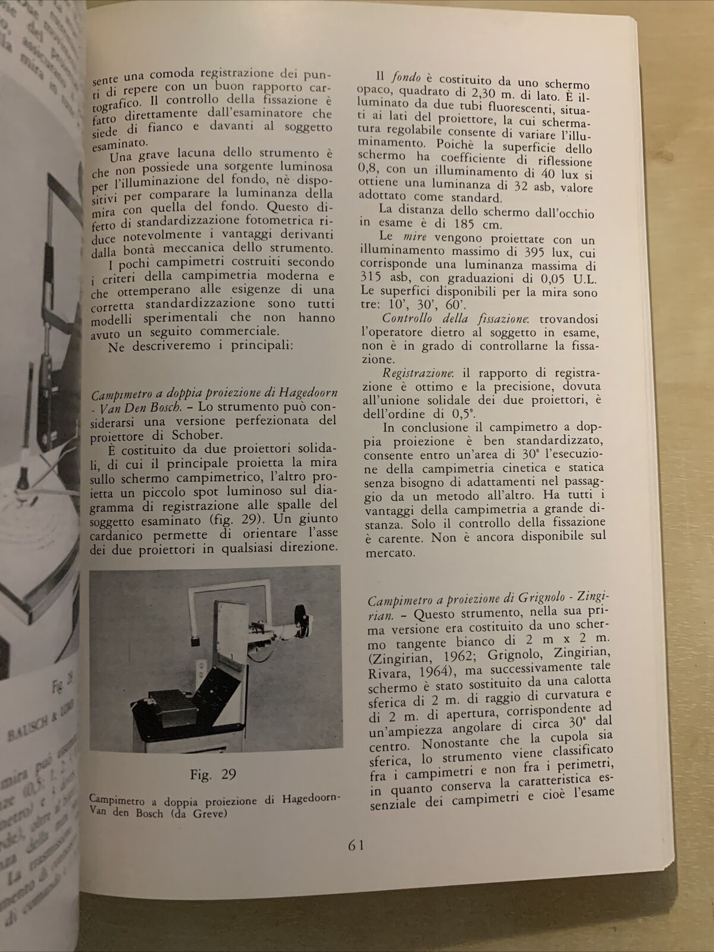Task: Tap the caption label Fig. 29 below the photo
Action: tap(214, 773)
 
